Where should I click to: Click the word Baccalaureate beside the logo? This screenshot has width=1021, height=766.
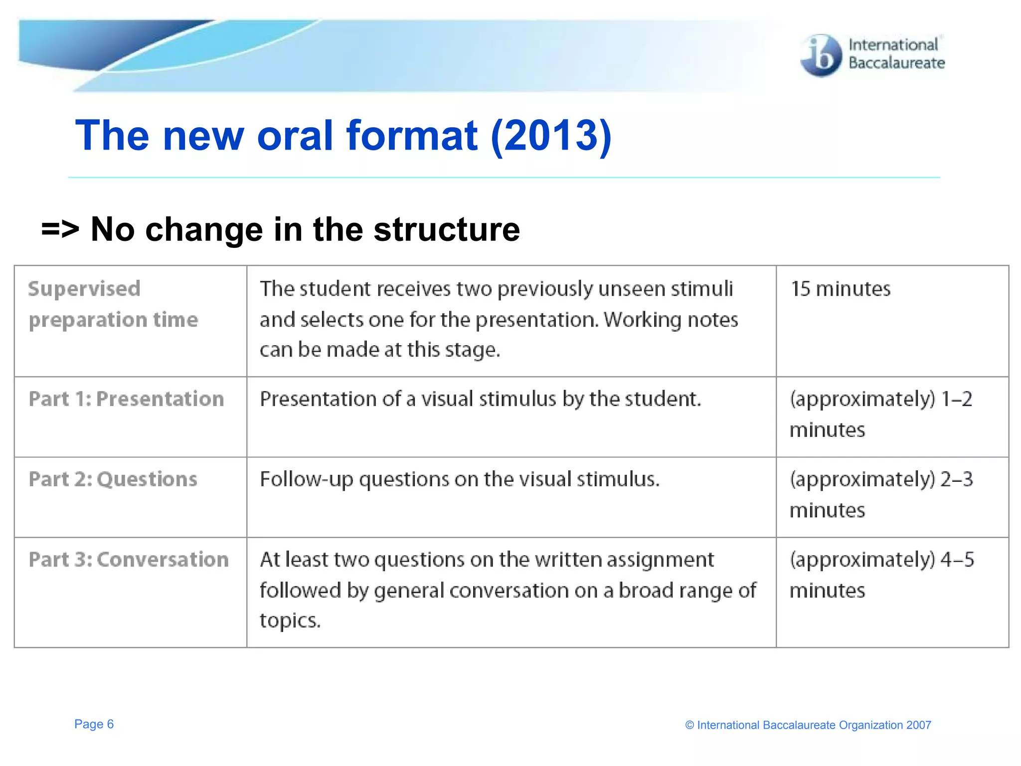(x=896, y=63)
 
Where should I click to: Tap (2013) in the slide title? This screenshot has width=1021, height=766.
(x=551, y=136)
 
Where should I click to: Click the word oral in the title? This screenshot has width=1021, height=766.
(x=295, y=136)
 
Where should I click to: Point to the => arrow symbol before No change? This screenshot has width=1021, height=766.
(x=60, y=230)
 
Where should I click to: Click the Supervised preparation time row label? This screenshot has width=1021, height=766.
(x=113, y=304)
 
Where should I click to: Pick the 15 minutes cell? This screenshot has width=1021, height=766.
(x=841, y=289)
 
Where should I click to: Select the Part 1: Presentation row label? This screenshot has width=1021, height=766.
(x=126, y=399)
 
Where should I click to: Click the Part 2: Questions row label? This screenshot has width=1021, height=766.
(x=113, y=479)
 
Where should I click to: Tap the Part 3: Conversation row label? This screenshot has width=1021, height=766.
(x=129, y=560)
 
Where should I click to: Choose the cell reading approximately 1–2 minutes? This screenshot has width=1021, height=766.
(x=880, y=414)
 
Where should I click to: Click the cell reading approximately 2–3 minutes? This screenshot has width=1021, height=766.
(x=880, y=494)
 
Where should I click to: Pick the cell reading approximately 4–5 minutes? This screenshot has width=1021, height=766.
(x=881, y=574)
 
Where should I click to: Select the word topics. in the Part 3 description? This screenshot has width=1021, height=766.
(x=290, y=621)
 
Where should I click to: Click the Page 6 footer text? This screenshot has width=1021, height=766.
(x=94, y=724)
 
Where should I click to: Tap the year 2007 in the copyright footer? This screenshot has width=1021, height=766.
(x=918, y=725)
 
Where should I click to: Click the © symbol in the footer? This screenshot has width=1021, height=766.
(x=689, y=726)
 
